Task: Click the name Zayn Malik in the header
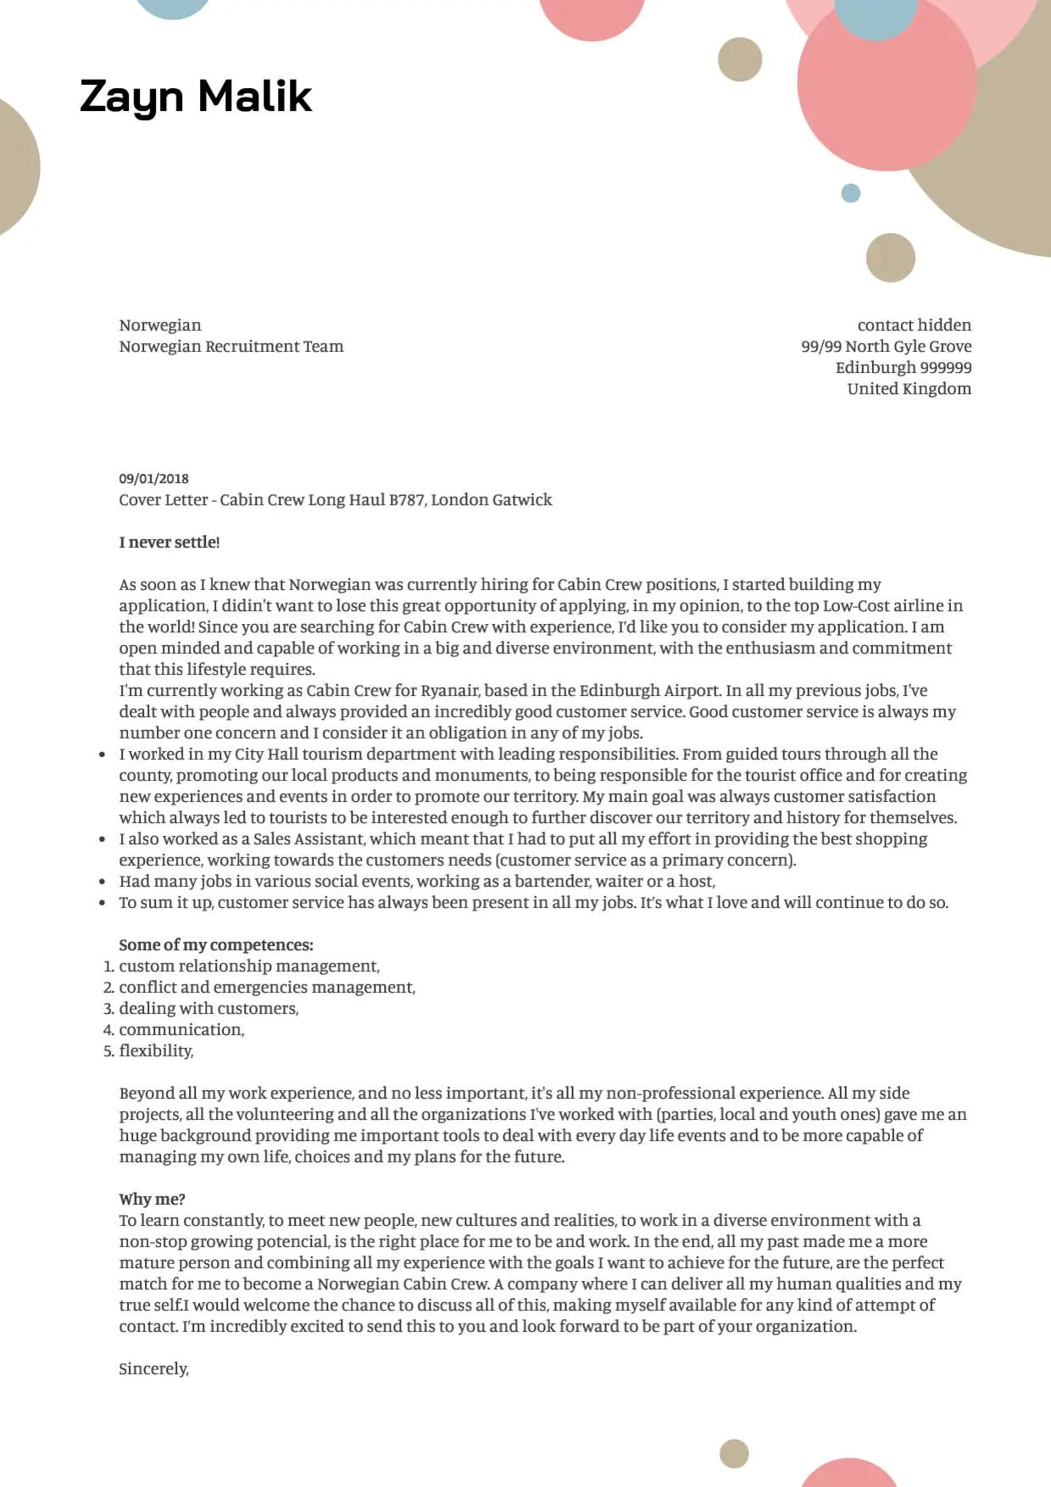coord(196,96)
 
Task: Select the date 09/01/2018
coord(153,479)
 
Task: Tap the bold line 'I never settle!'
coord(170,543)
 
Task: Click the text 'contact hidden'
coord(914,326)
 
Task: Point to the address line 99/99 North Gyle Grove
coord(886,347)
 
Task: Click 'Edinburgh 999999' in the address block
coord(903,368)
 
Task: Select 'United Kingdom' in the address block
coord(909,389)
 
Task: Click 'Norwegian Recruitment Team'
coord(231,347)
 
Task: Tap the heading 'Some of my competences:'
coord(216,945)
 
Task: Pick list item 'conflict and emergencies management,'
coord(267,988)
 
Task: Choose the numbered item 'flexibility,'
coord(156,1051)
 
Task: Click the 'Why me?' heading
coord(152,1200)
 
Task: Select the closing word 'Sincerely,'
coord(153,1369)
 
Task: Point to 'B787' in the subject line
coord(406,500)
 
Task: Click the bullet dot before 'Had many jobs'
coord(103,883)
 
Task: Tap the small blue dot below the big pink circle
coord(850,193)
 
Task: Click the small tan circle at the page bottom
coord(734,1453)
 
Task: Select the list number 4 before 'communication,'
coord(108,1031)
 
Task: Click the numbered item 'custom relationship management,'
coord(249,966)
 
